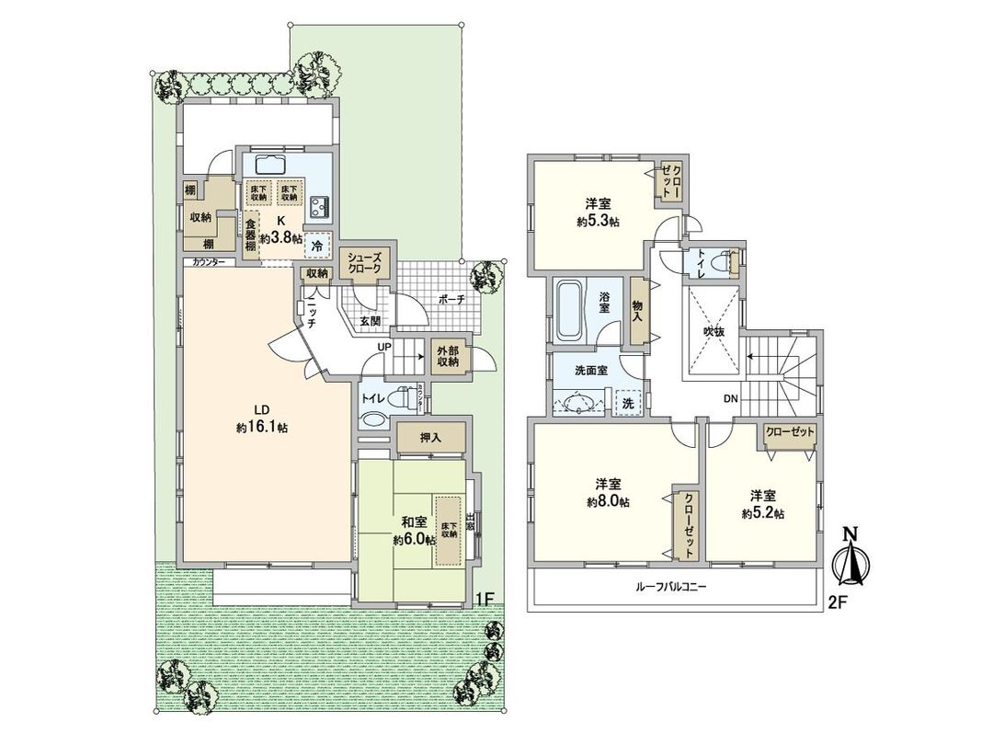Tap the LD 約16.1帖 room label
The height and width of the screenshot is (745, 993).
coord(261,419)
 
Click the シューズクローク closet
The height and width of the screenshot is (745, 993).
coord(368,265)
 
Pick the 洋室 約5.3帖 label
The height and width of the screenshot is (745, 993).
coord(598,213)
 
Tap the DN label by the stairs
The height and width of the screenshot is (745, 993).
coord(731,399)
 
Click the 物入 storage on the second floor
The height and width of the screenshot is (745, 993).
coord(636,310)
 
